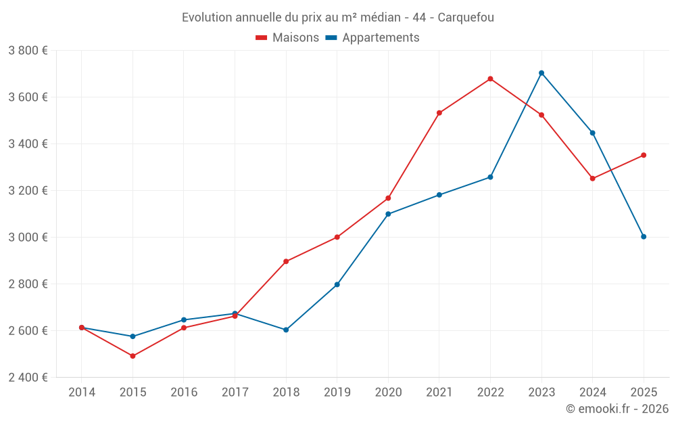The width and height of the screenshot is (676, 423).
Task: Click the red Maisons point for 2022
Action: [x=490, y=79]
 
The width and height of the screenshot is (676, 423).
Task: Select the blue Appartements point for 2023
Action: [x=541, y=73]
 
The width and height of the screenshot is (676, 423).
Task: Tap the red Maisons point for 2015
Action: [x=132, y=356]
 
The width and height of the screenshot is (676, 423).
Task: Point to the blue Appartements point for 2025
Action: [x=644, y=237]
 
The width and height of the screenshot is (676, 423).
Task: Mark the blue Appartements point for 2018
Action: [x=286, y=330]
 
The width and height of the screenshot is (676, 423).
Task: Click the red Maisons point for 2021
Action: [x=439, y=113]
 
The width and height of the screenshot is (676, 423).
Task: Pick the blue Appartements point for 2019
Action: [x=337, y=285]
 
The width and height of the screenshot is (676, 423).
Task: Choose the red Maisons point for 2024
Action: [x=593, y=179]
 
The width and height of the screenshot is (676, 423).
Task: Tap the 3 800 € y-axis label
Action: [x=28, y=51]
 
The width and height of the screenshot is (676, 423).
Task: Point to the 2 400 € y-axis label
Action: [x=28, y=378]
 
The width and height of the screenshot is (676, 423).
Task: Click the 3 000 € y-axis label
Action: [x=28, y=238]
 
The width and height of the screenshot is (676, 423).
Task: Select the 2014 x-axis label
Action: [x=82, y=393]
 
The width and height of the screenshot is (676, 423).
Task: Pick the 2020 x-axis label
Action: [x=388, y=393]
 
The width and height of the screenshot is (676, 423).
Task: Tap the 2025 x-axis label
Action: [x=644, y=393]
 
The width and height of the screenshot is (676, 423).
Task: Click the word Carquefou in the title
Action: [x=466, y=18]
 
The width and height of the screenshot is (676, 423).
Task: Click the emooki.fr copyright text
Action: [x=617, y=409]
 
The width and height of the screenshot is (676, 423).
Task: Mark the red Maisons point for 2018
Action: [x=286, y=261]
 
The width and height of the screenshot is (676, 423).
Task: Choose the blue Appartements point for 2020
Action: [x=388, y=214]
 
